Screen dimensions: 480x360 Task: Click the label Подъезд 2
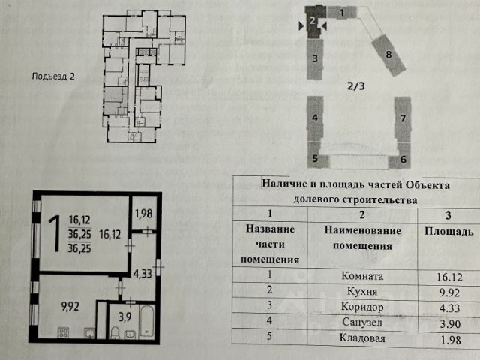coord(53,75)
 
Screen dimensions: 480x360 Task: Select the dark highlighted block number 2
coord(311,22)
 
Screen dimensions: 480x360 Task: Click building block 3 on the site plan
coord(316,58)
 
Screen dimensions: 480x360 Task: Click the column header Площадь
coord(448,232)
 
